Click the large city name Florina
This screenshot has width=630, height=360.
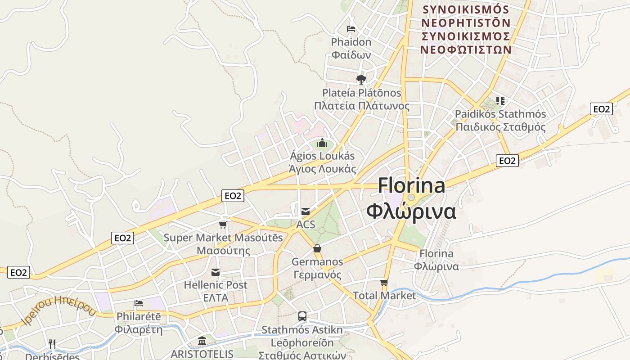(411, 185)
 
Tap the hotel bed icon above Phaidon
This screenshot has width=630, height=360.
(351, 29)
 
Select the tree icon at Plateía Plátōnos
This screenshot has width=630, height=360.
(361, 80)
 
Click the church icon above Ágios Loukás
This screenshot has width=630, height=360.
(322, 143)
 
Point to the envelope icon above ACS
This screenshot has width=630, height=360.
(306, 211)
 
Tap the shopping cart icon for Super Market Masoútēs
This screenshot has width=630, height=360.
(223, 225)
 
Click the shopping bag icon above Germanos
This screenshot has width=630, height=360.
(317, 248)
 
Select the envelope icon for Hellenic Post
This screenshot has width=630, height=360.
(216, 272)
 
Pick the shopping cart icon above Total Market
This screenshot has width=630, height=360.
(384, 283)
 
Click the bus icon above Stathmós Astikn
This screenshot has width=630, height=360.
(302, 316)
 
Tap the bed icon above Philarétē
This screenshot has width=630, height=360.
(139, 303)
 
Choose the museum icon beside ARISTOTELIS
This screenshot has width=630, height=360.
(202, 341)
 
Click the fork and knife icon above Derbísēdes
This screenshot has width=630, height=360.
(52, 344)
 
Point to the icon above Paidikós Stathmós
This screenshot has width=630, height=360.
(500, 100)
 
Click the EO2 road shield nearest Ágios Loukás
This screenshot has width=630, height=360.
(233, 196)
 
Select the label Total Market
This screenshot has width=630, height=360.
(384, 296)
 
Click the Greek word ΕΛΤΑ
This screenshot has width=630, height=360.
(216, 298)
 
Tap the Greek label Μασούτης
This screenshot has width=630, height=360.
(223, 251)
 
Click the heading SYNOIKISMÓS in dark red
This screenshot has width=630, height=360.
(465, 9)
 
